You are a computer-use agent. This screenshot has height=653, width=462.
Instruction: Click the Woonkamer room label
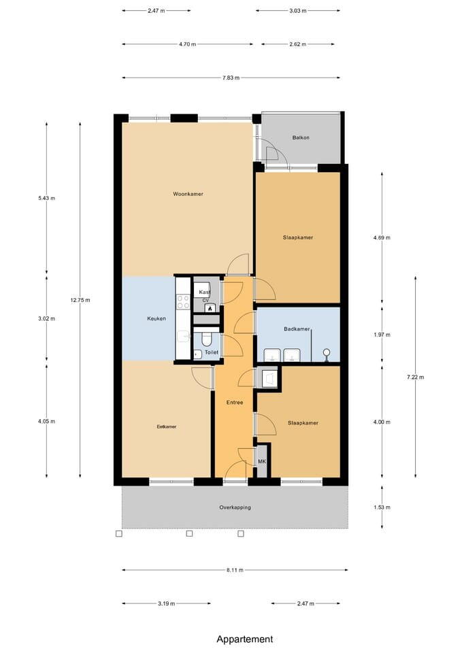point(188,194)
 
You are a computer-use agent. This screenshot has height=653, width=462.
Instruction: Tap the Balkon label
point(301,137)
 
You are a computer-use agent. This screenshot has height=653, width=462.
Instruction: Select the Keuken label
point(156,318)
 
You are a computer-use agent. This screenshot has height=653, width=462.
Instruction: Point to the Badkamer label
point(297,329)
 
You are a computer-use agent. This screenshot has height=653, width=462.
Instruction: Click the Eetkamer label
point(167,426)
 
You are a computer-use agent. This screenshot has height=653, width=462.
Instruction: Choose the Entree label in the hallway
point(235,402)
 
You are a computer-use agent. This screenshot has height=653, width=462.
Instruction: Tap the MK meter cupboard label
point(262,461)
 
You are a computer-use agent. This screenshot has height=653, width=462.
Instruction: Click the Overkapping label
point(235,507)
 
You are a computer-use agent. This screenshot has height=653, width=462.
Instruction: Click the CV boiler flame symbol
point(210,308)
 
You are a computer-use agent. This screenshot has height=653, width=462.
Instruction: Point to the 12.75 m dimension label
point(80,300)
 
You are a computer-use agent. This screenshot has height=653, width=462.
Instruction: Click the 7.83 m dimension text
point(231,78)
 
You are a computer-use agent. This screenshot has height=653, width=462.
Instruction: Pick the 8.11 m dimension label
point(235,570)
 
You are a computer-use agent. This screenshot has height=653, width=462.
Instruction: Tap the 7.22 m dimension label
point(415,378)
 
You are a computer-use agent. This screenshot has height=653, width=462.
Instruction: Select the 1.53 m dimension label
point(382,507)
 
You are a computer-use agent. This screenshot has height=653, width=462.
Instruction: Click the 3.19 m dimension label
point(167,603)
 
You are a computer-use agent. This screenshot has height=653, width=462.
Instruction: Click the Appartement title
point(245,639)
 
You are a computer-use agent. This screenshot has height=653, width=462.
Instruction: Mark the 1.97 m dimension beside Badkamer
point(382,335)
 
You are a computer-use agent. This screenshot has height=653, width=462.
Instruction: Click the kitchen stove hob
point(183,302)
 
